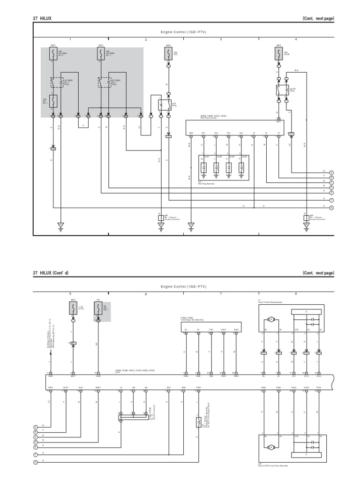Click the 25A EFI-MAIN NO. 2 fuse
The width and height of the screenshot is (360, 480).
click(x=53, y=54)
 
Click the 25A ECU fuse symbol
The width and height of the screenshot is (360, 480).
click(x=168, y=54)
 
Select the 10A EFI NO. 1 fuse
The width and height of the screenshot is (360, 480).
click(x=53, y=101)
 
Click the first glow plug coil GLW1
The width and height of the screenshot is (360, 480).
click(x=204, y=167)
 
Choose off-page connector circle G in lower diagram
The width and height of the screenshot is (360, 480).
click(x=35, y=462)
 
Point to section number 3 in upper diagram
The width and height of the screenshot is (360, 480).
click(x=221, y=40)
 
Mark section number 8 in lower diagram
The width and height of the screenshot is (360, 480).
click(x=296, y=294)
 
